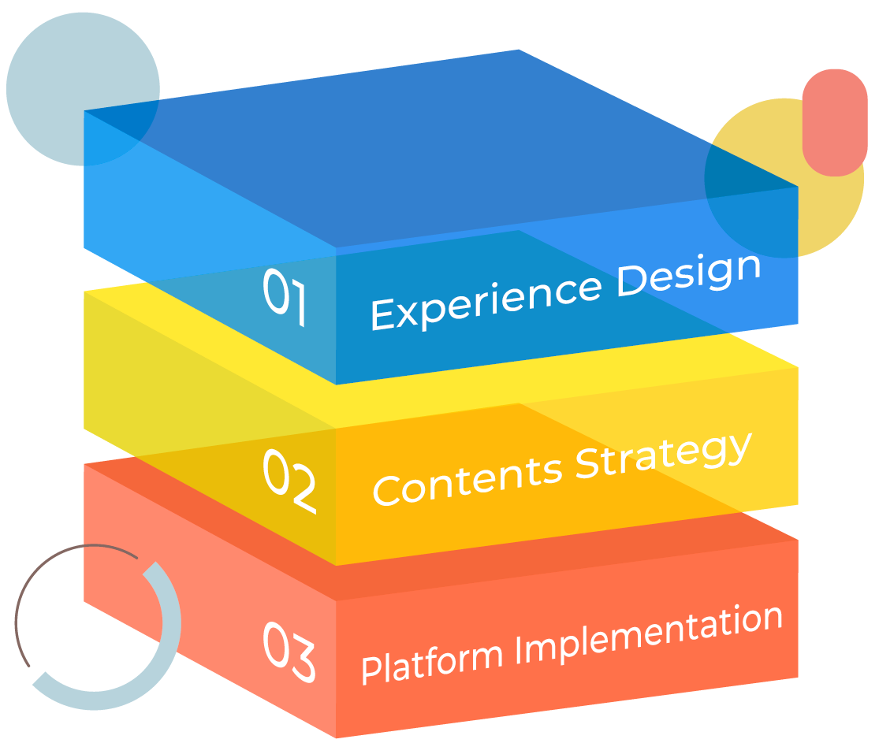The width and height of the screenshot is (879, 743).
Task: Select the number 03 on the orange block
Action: coord(289,652)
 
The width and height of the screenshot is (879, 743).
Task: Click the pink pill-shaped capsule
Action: coord(834,122)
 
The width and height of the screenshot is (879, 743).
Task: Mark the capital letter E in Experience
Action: coord(382,314)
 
